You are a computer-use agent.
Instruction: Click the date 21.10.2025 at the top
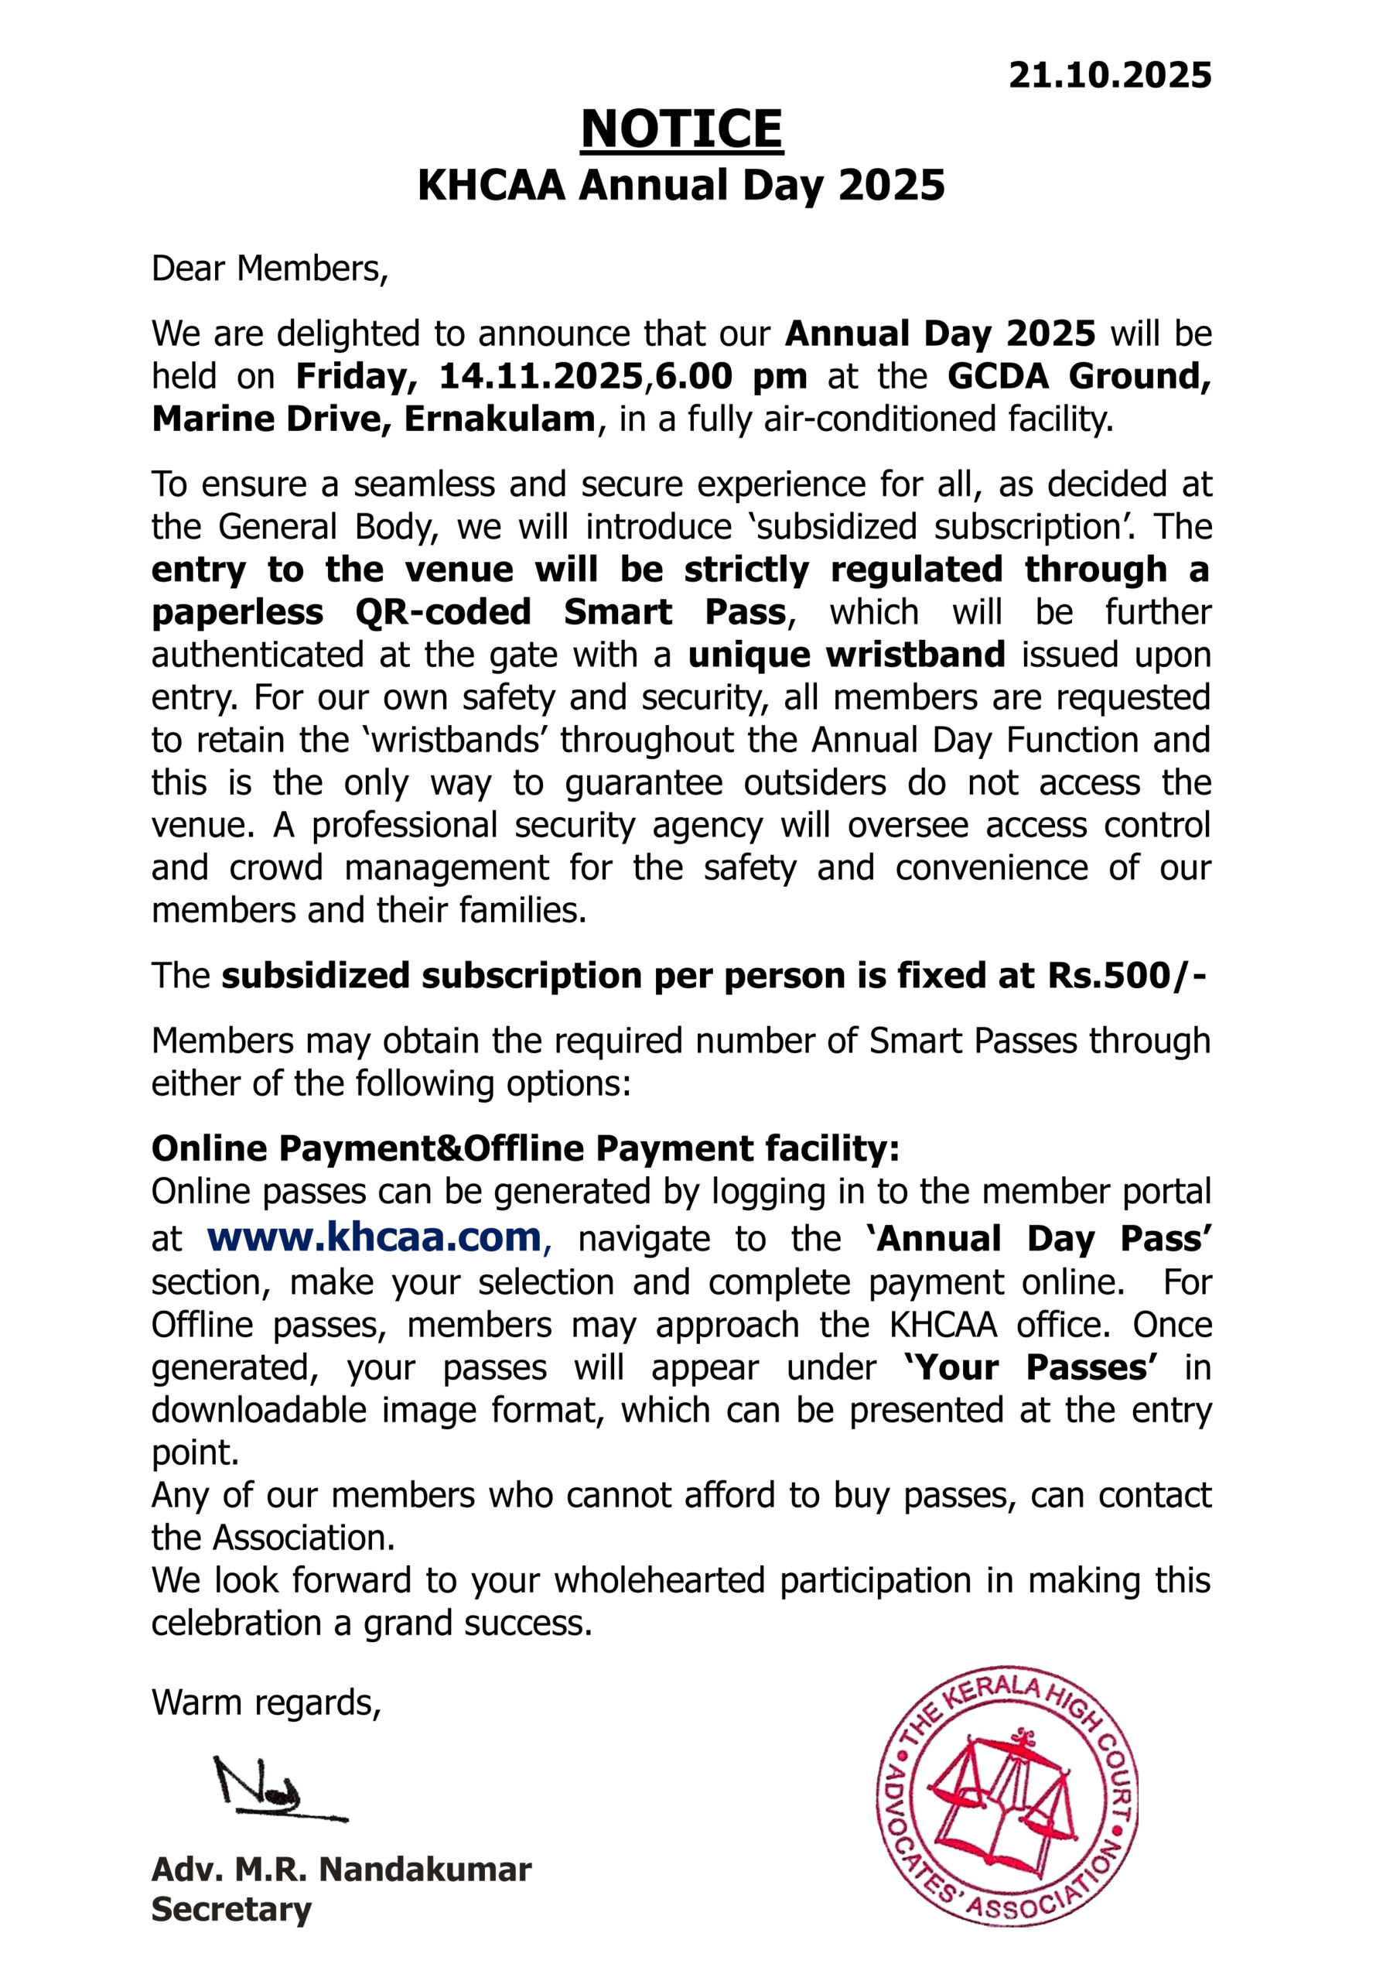(x=1109, y=76)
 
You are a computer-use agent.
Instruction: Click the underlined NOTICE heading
(x=681, y=129)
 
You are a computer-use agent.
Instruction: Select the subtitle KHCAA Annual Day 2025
(x=681, y=186)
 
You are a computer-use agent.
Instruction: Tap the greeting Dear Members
(x=270, y=269)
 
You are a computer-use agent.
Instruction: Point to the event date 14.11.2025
(x=541, y=376)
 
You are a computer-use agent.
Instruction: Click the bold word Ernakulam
(x=500, y=419)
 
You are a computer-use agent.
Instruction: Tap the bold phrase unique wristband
(x=846, y=655)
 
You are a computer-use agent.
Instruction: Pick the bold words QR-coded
(x=443, y=613)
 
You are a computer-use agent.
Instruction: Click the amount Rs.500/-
(x=1126, y=976)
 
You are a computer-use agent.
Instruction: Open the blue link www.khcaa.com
(x=374, y=1237)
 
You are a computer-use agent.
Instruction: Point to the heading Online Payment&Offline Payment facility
(x=525, y=1148)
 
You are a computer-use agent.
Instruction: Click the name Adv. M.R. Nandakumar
(x=342, y=1870)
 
